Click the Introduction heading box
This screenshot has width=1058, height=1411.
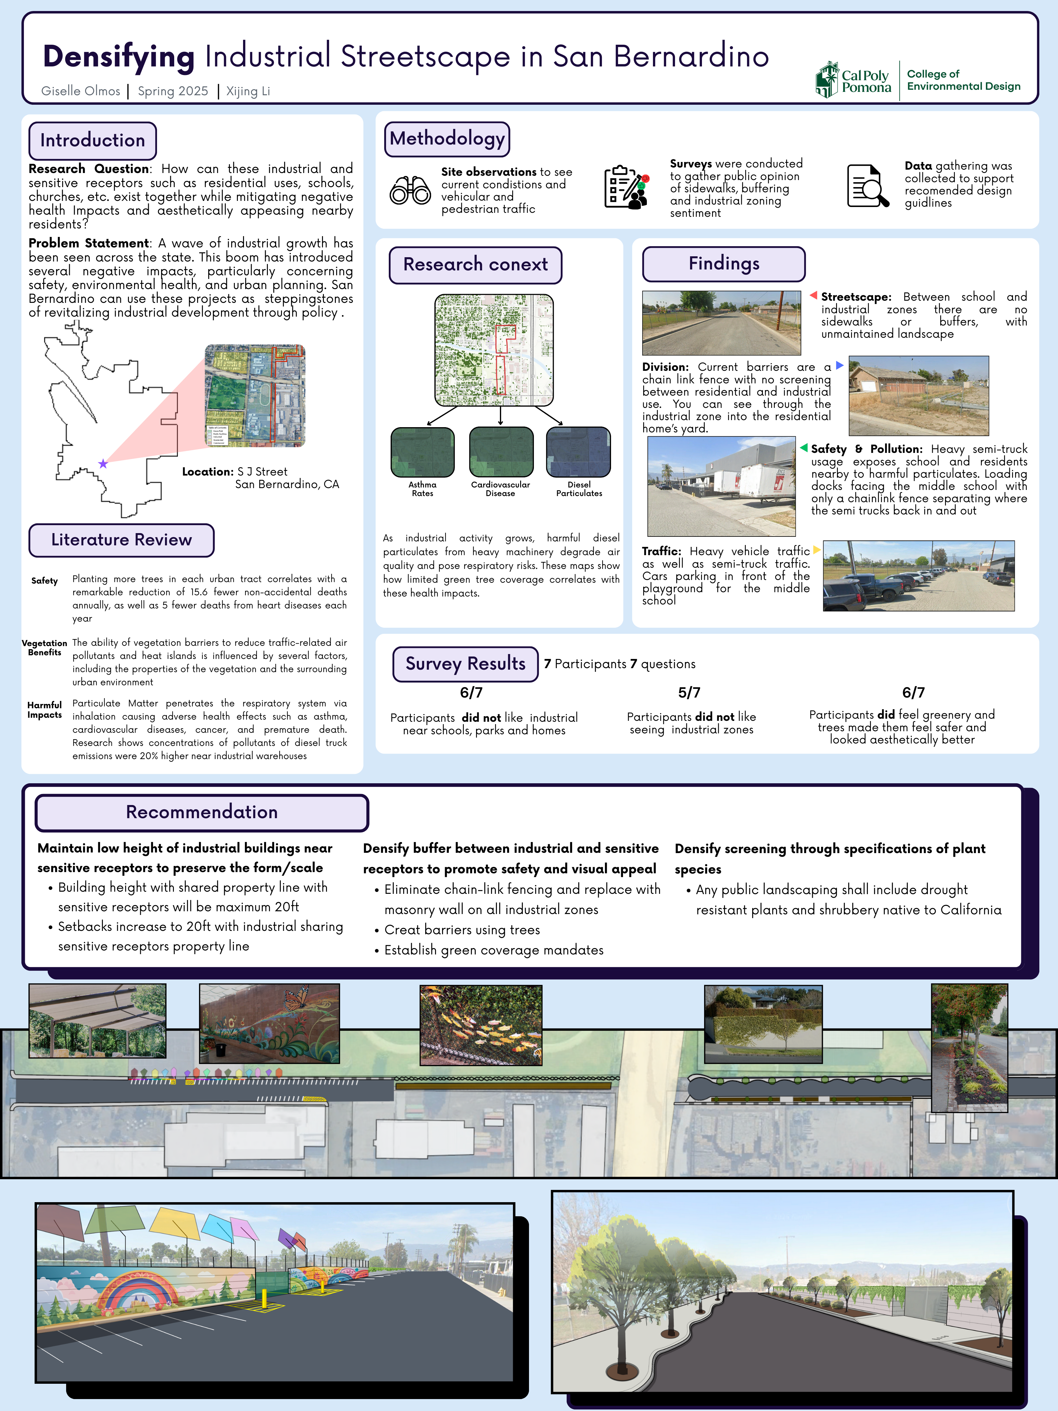[x=92, y=140]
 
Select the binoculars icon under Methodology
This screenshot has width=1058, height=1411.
[x=410, y=190]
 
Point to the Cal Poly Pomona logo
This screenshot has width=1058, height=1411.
[x=853, y=80]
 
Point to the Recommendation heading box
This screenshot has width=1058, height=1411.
[x=201, y=812]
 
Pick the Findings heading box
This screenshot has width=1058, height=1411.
[x=724, y=263]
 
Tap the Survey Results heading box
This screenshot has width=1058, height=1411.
[x=466, y=664]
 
